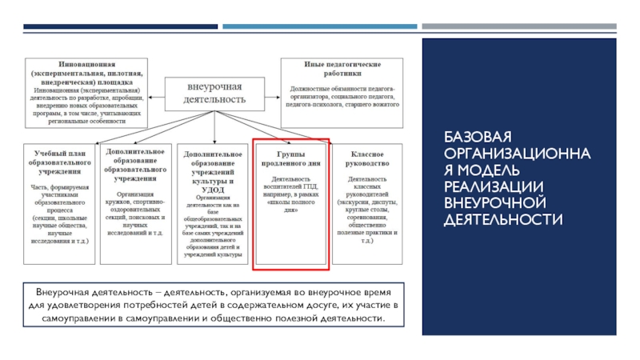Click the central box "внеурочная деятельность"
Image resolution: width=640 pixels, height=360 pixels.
tap(214, 94)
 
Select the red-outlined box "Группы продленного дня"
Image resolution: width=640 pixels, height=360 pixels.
tap(290, 204)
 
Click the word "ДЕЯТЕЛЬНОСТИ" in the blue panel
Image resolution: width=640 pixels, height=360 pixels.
tap(504, 218)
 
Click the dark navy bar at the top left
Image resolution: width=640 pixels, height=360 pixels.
tap(120, 26)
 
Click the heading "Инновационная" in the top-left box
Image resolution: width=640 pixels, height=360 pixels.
tap(87, 62)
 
